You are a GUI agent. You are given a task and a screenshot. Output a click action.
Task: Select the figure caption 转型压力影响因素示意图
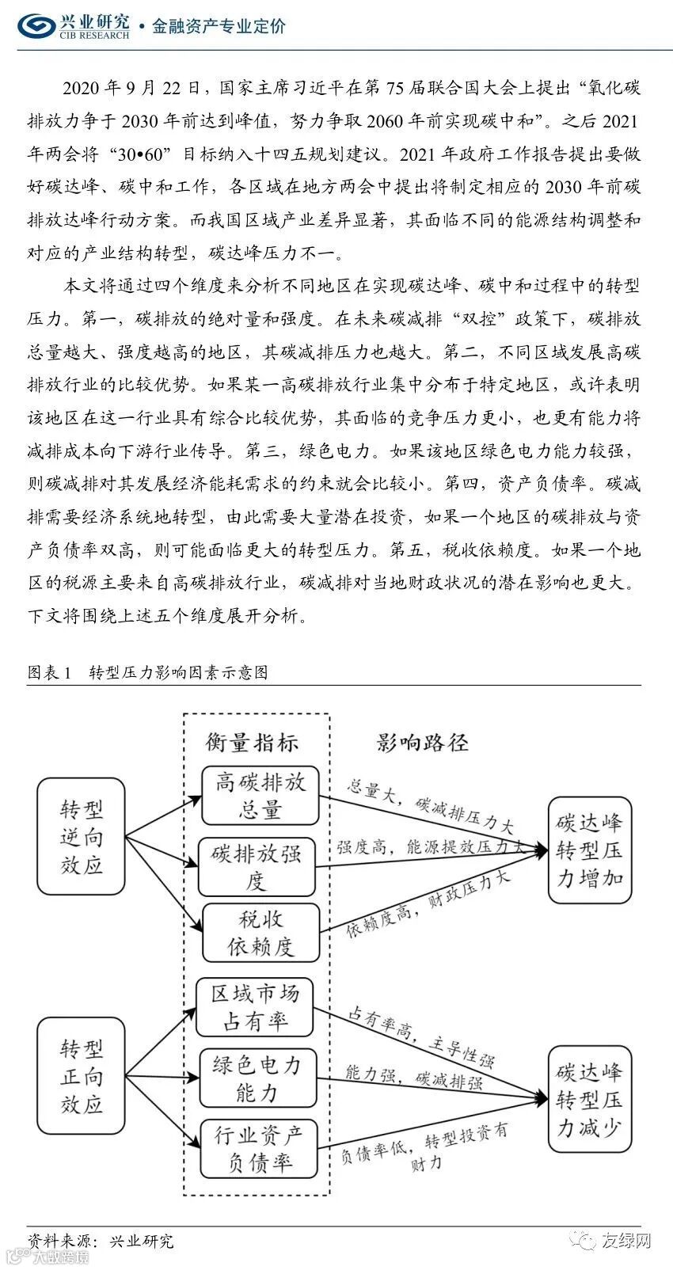click(x=178, y=672)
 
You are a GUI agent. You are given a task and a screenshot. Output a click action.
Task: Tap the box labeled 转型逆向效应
click(x=82, y=837)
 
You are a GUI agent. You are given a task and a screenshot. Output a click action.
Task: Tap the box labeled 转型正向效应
click(x=82, y=1076)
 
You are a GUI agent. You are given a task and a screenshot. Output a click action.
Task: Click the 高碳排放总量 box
click(x=260, y=796)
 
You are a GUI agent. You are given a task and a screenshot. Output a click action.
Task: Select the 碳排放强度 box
click(x=257, y=866)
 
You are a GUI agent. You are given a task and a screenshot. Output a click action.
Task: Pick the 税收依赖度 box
click(x=260, y=932)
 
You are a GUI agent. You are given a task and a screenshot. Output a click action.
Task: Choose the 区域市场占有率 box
click(x=254, y=1006)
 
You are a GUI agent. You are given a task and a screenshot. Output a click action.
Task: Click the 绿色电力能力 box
click(x=257, y=1078)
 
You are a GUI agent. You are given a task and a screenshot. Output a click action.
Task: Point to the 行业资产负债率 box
click(x=258, y=1149)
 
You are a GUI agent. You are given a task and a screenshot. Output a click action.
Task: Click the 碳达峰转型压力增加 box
click(x=590, y=850)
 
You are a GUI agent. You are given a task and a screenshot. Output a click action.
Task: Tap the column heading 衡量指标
click(x=252, y=742)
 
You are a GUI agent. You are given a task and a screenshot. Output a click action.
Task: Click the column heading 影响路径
click(x=422, y=742)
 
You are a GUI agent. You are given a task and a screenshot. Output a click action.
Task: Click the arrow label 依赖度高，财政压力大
click(x=428, y=903)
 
